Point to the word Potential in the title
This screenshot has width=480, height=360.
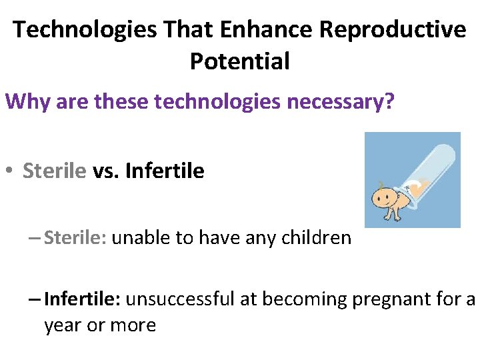(x=240, y=61)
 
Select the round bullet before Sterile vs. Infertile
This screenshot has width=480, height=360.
(x=9, y=172)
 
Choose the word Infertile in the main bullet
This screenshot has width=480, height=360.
(x=165, y=171)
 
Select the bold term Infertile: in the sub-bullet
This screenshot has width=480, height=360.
(x=82, y=300)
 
